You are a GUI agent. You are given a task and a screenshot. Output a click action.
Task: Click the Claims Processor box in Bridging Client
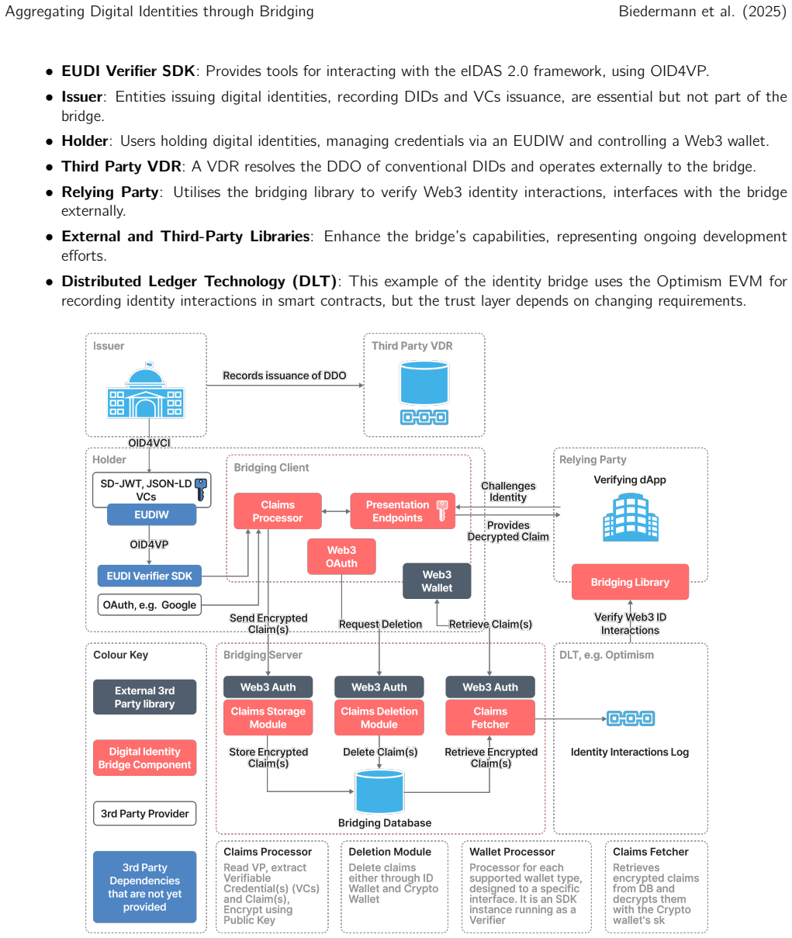click(x=278, y=511)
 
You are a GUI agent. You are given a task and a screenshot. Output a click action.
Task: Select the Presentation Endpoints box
click(x=403, y=511)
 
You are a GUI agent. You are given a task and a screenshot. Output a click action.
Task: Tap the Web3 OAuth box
click(x=341, y=556)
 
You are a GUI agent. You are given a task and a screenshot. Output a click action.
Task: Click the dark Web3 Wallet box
click(x=437, y=581)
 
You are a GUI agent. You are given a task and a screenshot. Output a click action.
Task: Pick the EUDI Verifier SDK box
click(x=149, y=576)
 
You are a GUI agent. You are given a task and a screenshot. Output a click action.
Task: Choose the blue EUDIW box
click(x=151, y=514)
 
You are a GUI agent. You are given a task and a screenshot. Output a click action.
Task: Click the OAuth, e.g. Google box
click(x=149, y=604)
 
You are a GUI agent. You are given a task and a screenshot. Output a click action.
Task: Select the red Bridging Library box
click(x=630, y=582)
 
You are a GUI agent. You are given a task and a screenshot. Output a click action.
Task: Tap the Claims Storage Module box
click(x=268, y=718)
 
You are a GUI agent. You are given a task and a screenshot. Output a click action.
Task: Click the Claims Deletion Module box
click(x=379, y=718)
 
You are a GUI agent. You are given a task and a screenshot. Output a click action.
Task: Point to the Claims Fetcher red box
click(x=489, y=718)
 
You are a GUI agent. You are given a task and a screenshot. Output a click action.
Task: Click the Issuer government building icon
click(x=146, y=390)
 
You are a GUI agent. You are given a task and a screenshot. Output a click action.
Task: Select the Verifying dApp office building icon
click(x=631, y=517)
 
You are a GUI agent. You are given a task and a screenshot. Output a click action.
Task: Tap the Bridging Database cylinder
click(x=379, y=791)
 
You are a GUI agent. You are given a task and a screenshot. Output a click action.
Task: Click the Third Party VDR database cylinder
click(x=424, y=383)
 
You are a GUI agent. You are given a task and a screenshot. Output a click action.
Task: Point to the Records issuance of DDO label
click(x=285, y=376)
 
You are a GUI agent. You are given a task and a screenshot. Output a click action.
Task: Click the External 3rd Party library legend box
click(x=144, y=697)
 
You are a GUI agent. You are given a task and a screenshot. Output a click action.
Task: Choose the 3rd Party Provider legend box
click(x=144, y=813)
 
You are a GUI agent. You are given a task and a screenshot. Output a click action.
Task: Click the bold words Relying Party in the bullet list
click(x=110, y=192)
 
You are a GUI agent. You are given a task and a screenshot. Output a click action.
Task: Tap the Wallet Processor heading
click(x=512, y=852)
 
